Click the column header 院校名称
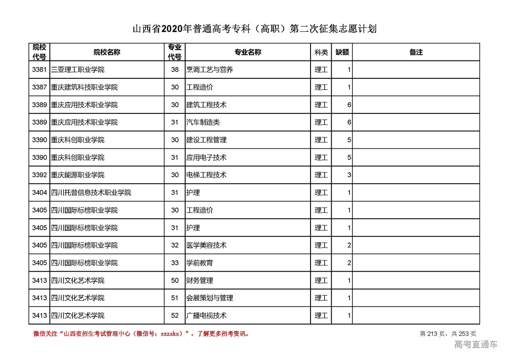point(107,52)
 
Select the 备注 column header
point(416,52)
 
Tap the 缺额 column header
point(342,52)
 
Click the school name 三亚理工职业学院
point(78,70)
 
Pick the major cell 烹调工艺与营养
point(210,70)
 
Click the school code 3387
point(39,87)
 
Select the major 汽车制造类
point(203,122)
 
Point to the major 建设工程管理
point(206,140)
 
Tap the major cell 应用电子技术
point(206,158)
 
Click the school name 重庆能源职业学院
point(78,175)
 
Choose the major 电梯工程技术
point(206,175)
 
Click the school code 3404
point(39,193)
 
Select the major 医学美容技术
point(206,245)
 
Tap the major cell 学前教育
point(200,263)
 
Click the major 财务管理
point(200,280)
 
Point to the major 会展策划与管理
point(210,298)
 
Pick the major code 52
point(175,315)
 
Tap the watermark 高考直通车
point(476,344)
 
